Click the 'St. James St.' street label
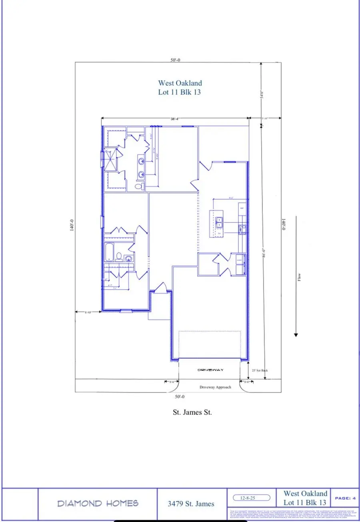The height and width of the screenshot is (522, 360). (192, 412)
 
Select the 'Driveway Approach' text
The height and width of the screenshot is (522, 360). (215, 387)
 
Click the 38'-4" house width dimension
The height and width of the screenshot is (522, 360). (175, 118)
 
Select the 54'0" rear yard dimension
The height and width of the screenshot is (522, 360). (262, 94)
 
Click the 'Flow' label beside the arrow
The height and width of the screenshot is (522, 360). (299, 277)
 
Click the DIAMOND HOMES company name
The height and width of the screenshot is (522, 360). (98, 503)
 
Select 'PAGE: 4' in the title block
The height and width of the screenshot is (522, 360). (345, 498)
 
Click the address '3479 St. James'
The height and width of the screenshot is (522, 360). (191, 504)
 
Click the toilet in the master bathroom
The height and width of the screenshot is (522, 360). (139, 186)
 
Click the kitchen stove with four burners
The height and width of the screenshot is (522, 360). (242, 229)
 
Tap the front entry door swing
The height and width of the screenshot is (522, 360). (161, 287)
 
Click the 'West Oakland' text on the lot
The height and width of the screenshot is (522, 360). (180, 83)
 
